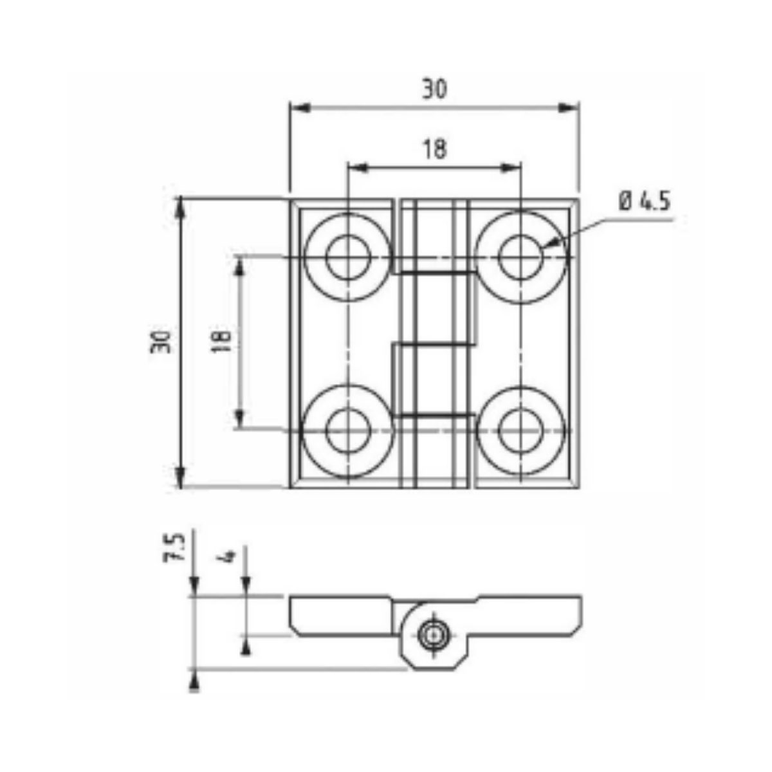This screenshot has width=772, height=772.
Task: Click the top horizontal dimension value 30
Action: tap(434, 89)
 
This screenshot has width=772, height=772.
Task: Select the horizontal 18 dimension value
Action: tap(435, 149)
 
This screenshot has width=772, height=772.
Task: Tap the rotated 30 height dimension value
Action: tap(161, 342)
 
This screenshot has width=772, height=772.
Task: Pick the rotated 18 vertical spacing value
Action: tap(221, 342)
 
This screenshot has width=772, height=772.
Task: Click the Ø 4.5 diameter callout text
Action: tap(645, 201)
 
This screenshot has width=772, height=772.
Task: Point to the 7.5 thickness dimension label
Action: tap(174, 547)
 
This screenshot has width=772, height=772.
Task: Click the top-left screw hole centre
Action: tap(348, 257)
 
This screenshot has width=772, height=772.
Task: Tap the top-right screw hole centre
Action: tap(520, 257)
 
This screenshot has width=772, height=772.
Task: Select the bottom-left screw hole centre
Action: tap(348, 431)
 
